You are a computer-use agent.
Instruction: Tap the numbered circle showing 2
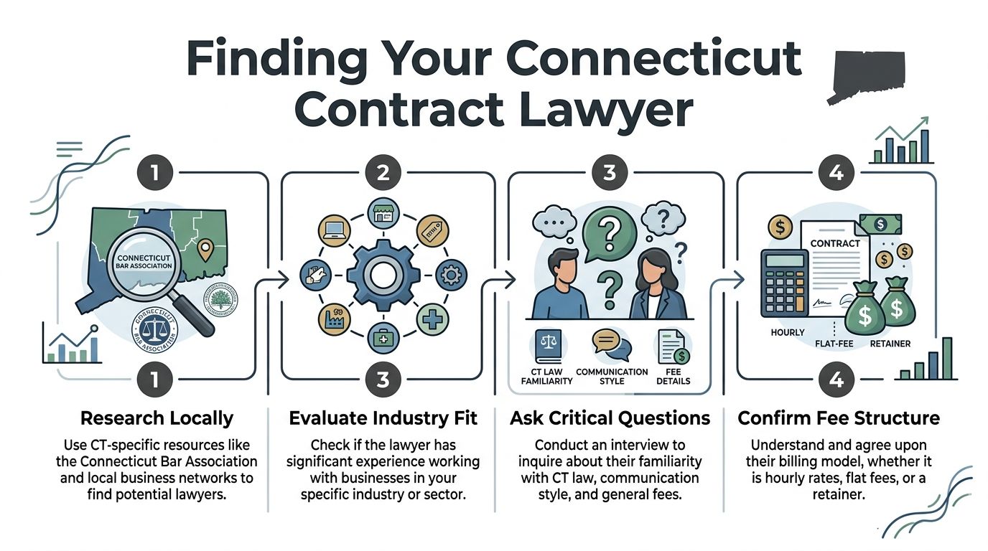[x=383, y=172]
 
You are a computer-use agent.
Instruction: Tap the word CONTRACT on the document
[x=834, y=243]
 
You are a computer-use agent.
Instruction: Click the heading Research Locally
[x=157, y=418]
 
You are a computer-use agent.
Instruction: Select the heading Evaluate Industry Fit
[x=383, y=418]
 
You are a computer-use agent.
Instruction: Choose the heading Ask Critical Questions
[x=610, y=418]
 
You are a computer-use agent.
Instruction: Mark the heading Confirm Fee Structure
[x=838, y=418]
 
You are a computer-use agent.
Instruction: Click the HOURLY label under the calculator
[x=788, y=333]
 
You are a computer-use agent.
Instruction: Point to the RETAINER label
[x=890, y=344]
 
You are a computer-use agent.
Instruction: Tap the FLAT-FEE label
[x=834, y=344]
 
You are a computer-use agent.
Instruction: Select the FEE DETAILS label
[x=673, y=376]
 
